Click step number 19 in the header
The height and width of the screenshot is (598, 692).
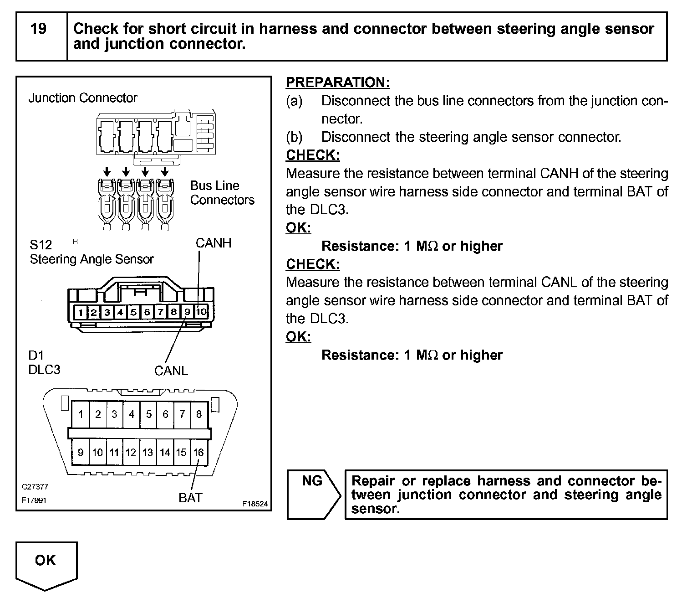coord(38,29)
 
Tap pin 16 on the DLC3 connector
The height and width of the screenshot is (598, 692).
coord(198,452)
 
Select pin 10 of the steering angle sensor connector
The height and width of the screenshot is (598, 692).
coord(201,312)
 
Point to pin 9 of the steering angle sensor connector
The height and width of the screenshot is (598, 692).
coord(188,312)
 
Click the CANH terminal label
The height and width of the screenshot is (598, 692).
coord(214,243)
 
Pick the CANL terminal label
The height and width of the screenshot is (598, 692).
coord(171,371)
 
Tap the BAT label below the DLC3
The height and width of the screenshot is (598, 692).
coord(190,498)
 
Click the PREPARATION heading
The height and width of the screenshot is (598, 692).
coord(338,82)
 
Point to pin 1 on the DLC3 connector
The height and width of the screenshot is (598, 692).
coord(81,414)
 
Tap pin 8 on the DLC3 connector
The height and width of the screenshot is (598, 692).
coord(198,414)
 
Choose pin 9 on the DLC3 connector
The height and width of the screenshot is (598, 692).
coord(81,452)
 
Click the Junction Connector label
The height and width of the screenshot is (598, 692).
coord(83,98)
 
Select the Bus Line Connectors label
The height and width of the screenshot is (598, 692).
coord(222,193)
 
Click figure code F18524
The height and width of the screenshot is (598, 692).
coord(255,504)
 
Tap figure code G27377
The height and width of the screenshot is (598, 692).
coord(35,487)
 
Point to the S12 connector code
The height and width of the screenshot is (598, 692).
coord(41,245)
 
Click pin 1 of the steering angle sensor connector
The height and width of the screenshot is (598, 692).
coord(81,312)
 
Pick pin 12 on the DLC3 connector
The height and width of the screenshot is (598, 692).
coord(131,452)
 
